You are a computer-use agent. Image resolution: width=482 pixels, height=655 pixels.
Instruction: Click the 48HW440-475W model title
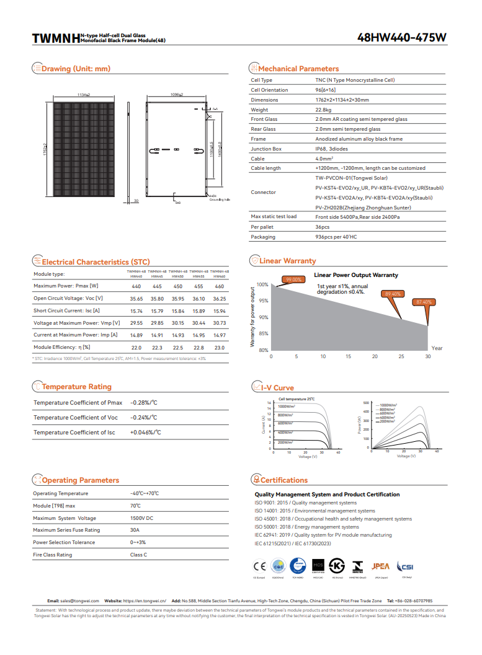click(x=401, y=38)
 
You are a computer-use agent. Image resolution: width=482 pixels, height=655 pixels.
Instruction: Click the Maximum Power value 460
click(x=219, y=286)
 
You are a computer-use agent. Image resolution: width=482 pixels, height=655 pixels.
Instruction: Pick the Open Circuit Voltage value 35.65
click(x=136, y=299)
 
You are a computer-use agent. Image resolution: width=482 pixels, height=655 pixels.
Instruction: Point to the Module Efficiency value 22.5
click(x=178, y=348)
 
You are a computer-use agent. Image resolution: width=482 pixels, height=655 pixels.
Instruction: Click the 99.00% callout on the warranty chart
click(x=293, y=279)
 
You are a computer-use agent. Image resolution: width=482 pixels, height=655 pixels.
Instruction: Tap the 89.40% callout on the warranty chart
click(x=393, y=294)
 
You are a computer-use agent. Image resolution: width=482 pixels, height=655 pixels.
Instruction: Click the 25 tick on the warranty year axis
click(x=401, y=357)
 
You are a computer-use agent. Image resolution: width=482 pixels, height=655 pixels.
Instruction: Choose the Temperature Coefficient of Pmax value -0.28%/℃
click(x=143, y=403)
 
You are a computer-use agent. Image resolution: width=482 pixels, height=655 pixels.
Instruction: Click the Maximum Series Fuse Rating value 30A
click(x=135, y=530)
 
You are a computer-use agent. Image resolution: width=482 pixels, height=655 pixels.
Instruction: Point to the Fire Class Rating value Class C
click(x=138, y=555)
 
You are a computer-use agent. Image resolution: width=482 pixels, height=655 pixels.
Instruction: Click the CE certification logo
click(x=259, y=566)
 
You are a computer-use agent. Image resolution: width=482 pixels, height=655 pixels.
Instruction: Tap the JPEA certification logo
click(x=380, y=566)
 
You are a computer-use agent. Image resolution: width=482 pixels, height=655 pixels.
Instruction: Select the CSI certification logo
click(x=407, y=566)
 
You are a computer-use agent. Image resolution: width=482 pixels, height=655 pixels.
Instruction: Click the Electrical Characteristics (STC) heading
click(x=96, y=262)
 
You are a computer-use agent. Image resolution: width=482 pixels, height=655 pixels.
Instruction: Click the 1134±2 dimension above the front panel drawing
click(x=84, y=94)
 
